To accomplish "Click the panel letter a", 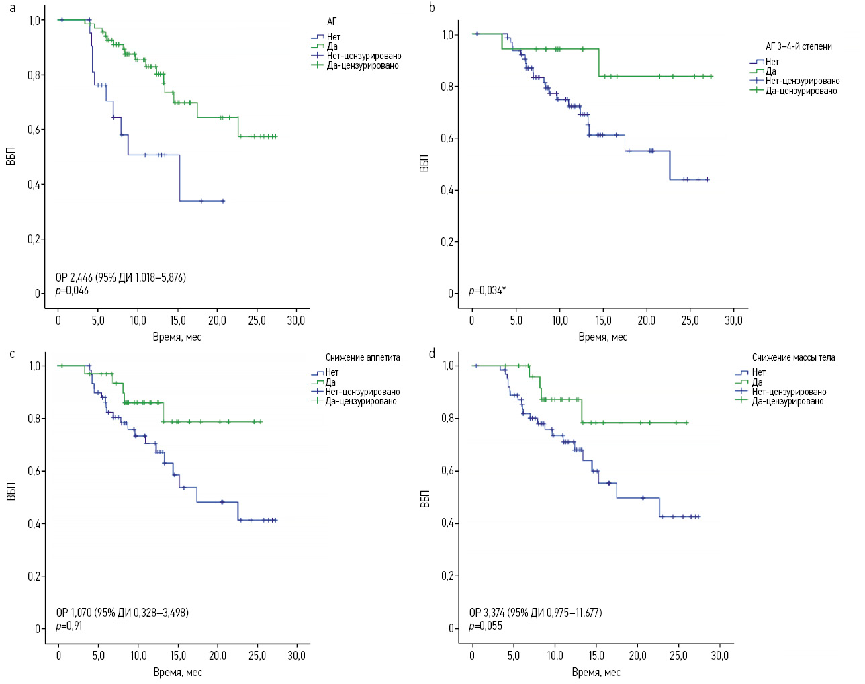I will (12, 9).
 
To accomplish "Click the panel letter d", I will (432, 353).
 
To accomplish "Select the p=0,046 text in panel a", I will (72, 291).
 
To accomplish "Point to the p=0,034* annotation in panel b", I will (487, 291).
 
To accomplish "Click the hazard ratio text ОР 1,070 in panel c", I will (122, 613).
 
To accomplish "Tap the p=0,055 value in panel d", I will (486, 626).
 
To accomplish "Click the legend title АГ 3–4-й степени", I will (799, 47).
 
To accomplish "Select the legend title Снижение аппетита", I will (363, 358).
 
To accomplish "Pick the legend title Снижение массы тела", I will (793, 358).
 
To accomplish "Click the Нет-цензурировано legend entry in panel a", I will (363, 56).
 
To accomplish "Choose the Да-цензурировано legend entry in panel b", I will (801, 91).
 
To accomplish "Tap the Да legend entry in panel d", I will (757, 382).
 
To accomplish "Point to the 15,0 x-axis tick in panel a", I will (177, 320).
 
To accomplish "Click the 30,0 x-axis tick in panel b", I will (733, 320).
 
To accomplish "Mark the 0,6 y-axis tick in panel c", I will (35, 472).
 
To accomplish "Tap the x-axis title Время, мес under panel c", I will (177, 672).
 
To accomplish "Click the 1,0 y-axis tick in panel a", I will (36, 21).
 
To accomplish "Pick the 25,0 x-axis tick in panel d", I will (678, 656).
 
